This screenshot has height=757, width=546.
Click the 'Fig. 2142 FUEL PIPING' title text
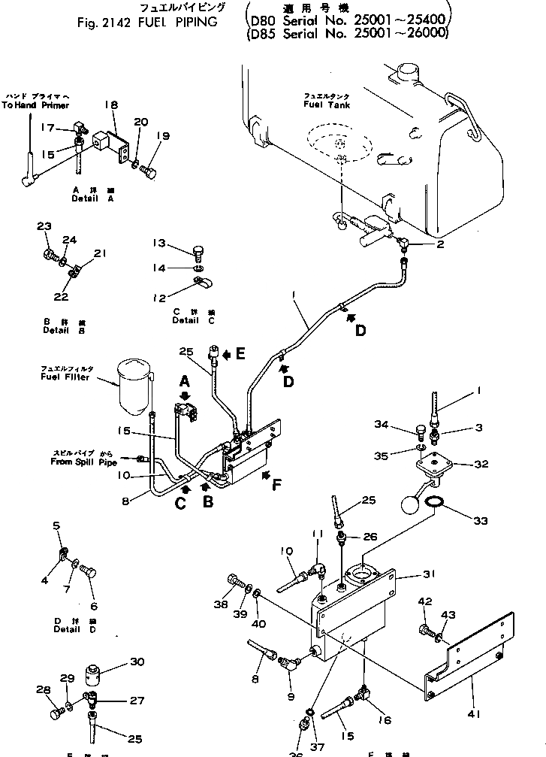tap(147, 22)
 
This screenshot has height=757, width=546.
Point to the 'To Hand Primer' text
tap(35, 106)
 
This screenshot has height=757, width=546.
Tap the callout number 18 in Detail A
tap(112, 107)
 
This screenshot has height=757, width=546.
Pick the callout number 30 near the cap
tap(136, 662)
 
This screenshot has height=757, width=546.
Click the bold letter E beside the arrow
tap(240, 353)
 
